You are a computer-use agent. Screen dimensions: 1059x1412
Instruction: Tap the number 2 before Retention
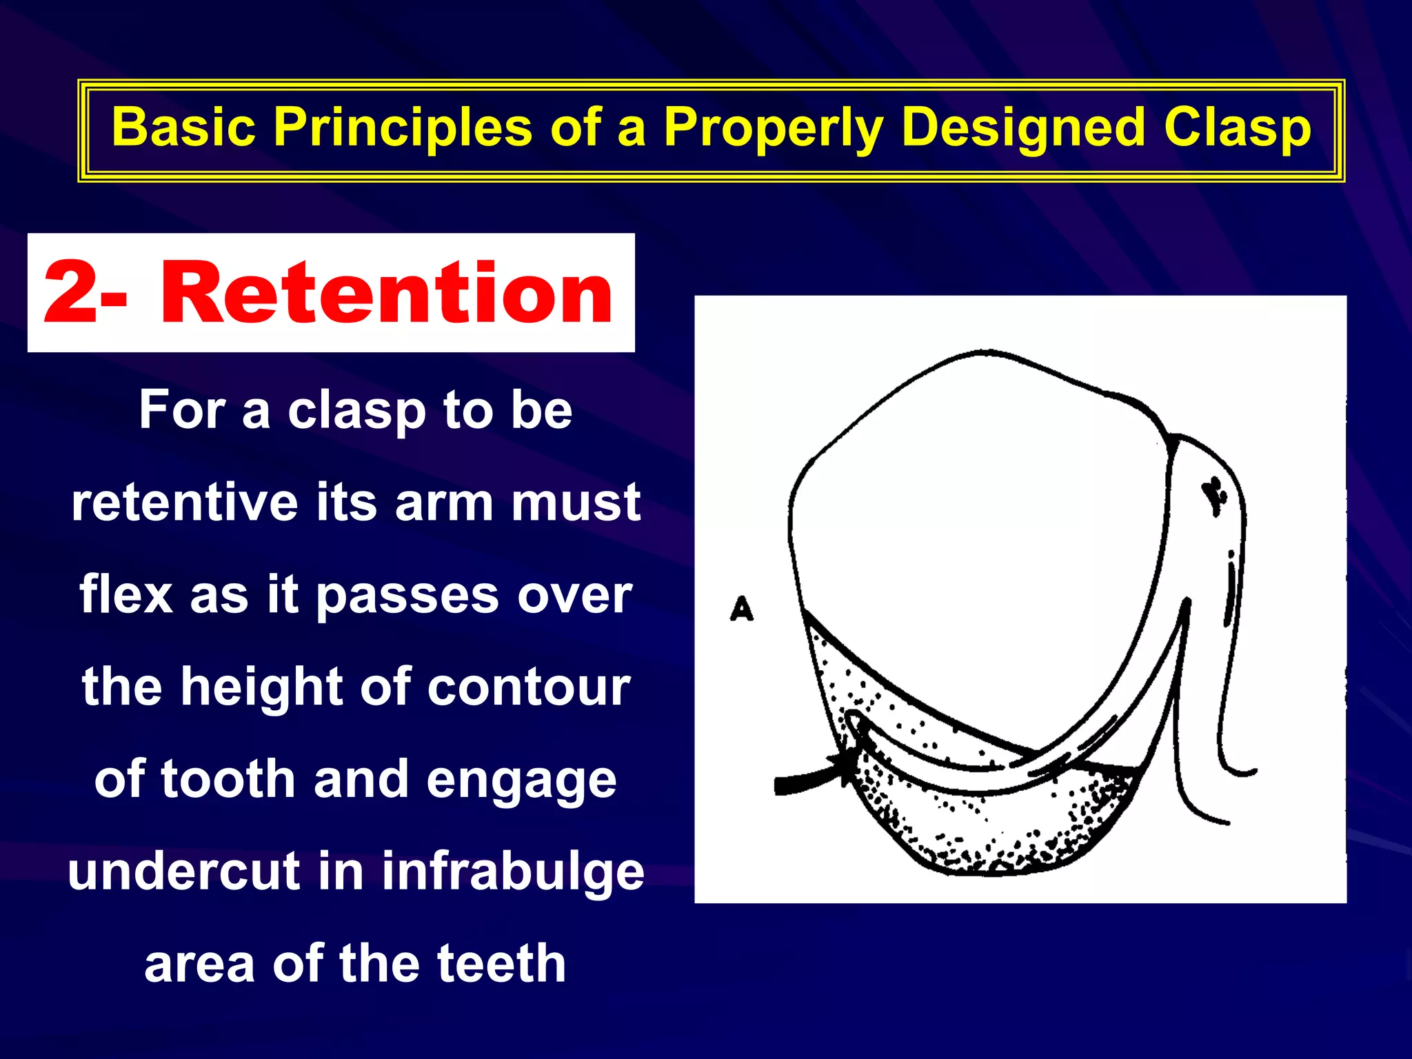[x=71, y=294]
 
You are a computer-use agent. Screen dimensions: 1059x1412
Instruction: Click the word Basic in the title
[x=183, y=128]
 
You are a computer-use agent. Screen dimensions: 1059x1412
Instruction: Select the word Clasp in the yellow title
[x=1237, y=128]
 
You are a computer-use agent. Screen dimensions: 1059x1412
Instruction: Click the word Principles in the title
[x=403, y=128]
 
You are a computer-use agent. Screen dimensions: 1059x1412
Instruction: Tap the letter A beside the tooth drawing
[x=742, y=609]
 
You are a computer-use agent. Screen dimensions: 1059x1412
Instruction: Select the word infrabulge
[x=513, y=871]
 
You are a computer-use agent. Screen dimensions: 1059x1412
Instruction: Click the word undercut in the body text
[x=184, y=871]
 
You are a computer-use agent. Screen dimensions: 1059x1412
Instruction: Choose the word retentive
[x=185, y=503]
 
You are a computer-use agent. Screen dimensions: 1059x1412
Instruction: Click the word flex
[x=126, y=595]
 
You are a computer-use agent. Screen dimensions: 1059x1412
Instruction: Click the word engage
[x=521, y=780]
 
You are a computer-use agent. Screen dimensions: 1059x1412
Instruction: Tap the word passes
[x=407, y=595]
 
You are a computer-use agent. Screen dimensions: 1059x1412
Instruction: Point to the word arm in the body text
[x=444, y=503]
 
